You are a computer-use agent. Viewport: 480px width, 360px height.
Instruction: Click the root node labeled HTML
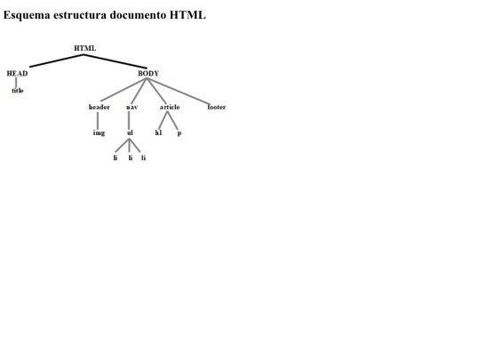84,48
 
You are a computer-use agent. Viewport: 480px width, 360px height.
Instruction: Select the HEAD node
17,74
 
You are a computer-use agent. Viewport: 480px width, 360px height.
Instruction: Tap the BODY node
148,74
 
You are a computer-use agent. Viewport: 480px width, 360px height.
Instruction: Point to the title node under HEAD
18,91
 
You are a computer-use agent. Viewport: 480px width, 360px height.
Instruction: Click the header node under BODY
100,107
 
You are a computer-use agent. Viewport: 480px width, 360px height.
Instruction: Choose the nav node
132,108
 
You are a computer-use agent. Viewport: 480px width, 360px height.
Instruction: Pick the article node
170,107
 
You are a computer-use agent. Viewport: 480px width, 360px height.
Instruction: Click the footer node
216,107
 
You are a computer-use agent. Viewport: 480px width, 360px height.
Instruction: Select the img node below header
99,132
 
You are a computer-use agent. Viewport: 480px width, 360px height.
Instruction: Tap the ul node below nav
130,132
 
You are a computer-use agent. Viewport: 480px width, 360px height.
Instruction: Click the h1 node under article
158,132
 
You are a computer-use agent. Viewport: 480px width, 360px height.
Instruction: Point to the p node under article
180,133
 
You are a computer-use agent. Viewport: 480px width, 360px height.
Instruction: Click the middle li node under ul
131,157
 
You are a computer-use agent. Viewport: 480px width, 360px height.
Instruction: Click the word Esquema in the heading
27,15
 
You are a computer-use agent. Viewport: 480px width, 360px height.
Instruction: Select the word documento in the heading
138,15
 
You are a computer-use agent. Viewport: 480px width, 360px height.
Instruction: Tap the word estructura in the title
80,15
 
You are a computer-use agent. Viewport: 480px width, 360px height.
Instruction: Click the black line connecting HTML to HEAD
57,60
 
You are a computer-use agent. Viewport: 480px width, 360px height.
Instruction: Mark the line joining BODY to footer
179,92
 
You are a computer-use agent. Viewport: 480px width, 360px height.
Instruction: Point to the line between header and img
98,121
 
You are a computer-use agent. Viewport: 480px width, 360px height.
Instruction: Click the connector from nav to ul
129,121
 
